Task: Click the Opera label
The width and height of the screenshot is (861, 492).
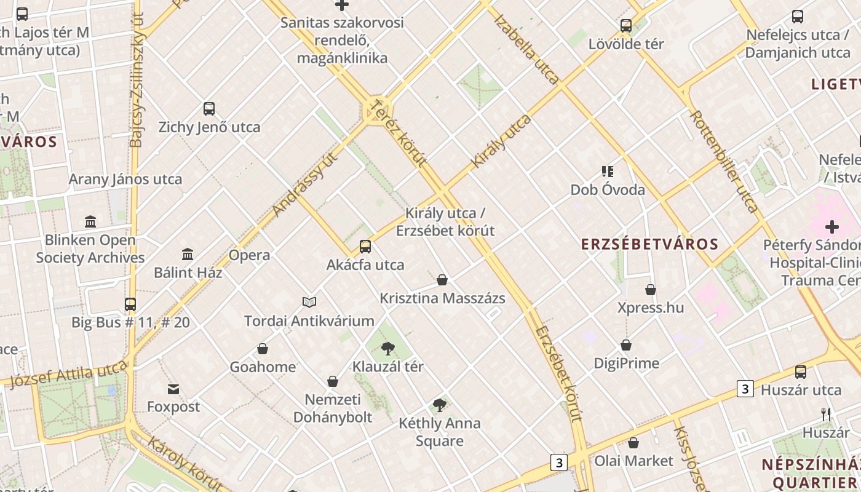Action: tap(249, 255)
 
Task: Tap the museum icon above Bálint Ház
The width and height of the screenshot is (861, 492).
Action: tap(188, 254)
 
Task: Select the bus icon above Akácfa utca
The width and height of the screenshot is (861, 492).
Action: tap(365, 247)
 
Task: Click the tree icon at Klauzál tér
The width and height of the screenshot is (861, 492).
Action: tap(387, 349)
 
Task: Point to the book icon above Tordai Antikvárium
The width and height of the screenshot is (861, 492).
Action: tap(309, 302)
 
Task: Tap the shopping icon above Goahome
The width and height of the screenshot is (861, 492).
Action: tap(263, 349)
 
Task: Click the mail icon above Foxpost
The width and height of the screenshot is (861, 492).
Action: tap(173, 389)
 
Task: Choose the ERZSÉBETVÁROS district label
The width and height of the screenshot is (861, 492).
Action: tap(650, 244)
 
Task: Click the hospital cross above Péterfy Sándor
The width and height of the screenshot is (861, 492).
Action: tap(832, 227)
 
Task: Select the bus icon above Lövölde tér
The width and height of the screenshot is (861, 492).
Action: tap(626, 26)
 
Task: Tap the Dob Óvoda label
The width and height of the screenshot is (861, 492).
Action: tap(608, 189)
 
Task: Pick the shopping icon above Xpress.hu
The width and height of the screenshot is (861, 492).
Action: tap(651, 289)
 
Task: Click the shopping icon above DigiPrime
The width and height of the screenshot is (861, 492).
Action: tap(626, 345)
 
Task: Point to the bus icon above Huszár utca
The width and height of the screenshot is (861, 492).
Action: tap(801, 371)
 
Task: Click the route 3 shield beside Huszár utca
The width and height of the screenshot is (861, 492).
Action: tap(745, 389)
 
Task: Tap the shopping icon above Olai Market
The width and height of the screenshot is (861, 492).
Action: tap(633, 443)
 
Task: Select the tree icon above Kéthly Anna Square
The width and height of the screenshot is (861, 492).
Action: tap(439, 405)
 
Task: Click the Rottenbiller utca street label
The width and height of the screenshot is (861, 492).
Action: tap(723, 161)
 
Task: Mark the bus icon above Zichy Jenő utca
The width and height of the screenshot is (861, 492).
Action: tap(209, 109)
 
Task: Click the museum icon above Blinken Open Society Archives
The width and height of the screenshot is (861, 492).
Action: tap(90, 221)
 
